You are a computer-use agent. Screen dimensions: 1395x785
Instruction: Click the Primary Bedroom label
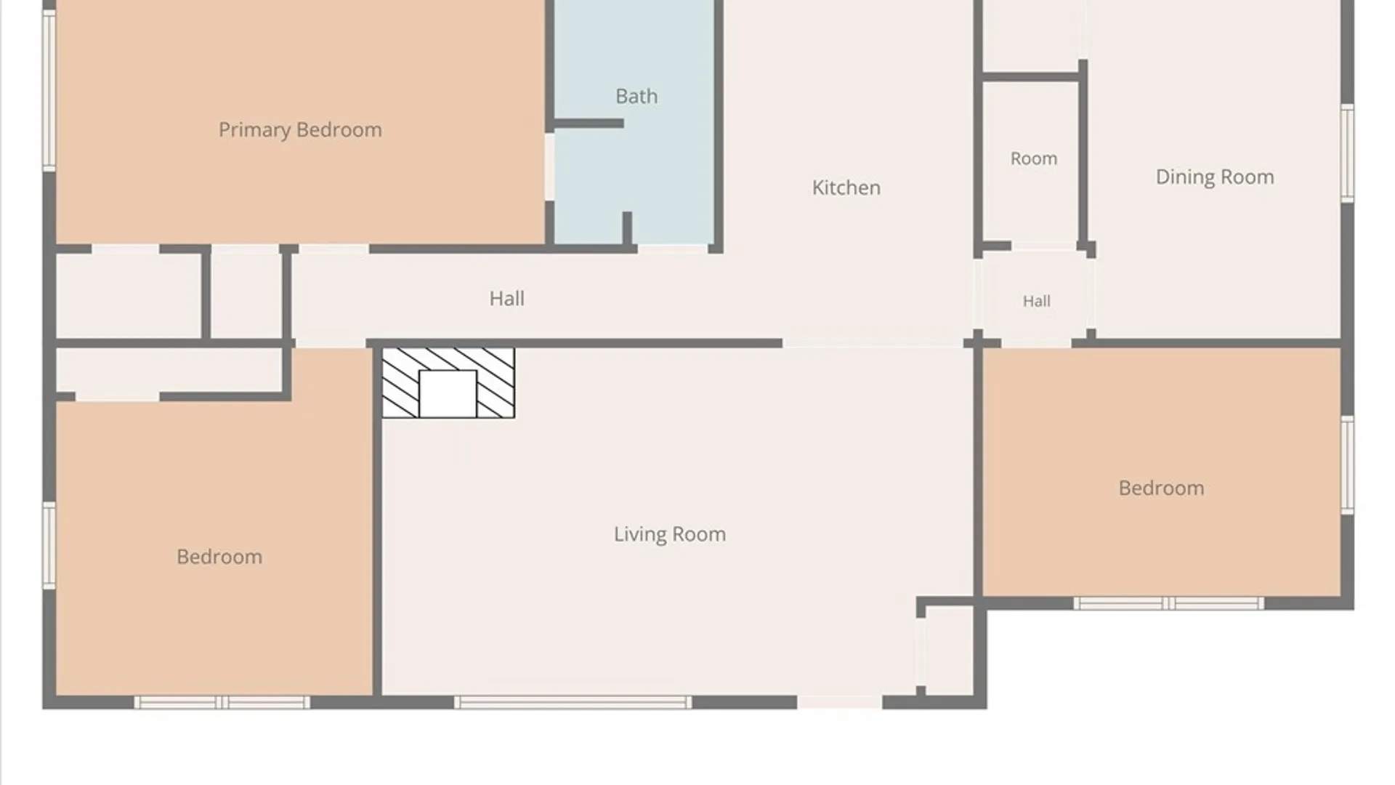click(x=300, y=130)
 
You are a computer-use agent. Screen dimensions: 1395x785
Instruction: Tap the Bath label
click(x=636, y=96)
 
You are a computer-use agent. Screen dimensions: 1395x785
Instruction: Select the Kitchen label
click(x=846, y=188)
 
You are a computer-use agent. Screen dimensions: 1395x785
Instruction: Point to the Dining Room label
click(x=1215, y=177)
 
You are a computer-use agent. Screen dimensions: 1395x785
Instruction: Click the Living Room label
click(x=669, y=534)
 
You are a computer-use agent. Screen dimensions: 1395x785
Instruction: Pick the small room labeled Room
click(x=1033, y=158)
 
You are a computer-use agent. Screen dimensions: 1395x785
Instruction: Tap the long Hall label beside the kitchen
click(x=506, y=298)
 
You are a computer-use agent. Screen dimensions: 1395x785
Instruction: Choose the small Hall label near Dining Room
click(x=1036, y=301)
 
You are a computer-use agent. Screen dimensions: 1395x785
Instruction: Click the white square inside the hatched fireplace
click(x=448, y=394)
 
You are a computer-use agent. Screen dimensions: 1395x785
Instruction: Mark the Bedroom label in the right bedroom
click(x=1161, y=488)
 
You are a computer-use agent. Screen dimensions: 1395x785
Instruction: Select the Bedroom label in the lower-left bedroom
click(x=219, y=557)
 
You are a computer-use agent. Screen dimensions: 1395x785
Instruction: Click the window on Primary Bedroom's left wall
click(x=49, y=91)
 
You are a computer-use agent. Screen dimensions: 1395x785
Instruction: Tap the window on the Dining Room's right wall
click(x=1347, y=153)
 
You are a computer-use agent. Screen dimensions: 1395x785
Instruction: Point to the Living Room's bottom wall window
click(x=573, y=702)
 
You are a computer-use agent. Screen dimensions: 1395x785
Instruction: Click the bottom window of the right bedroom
click(x=1168, y=603)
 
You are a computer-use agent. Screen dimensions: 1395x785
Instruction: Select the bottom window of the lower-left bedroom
click(x=222, y=702)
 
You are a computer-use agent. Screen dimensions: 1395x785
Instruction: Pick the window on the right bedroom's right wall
click(x=1347, y=465)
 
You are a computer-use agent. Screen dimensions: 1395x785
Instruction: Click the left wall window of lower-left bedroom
click(x=49, y=545)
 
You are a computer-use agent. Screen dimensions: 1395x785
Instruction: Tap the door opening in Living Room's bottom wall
click(x=840, y=702)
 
